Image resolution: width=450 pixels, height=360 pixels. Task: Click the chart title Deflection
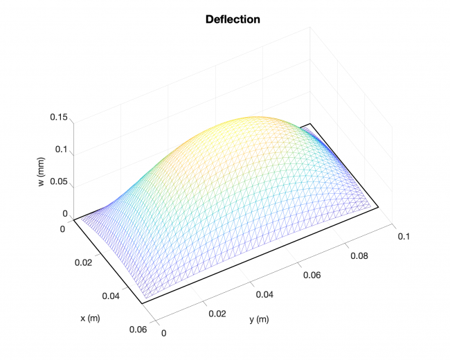233,19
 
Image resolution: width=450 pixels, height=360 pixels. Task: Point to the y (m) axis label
259,320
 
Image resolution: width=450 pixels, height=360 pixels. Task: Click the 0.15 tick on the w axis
58,118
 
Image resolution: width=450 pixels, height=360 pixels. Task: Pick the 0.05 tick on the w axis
58,182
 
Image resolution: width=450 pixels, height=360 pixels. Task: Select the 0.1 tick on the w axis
62,150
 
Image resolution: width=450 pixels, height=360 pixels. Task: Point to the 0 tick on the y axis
165,333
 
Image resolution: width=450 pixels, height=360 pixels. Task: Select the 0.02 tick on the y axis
217,314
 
